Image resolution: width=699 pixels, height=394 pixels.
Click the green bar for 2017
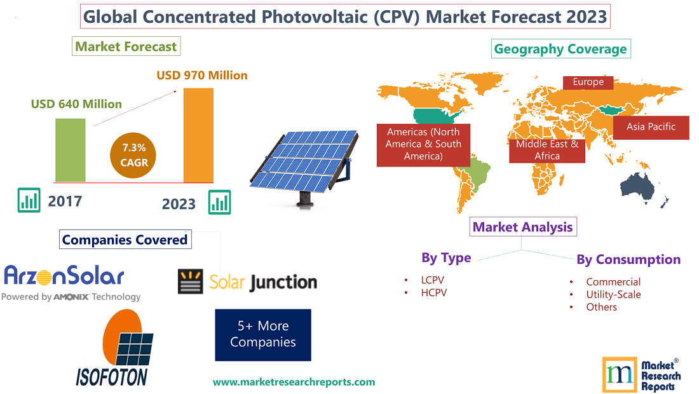click(x=70, y=149)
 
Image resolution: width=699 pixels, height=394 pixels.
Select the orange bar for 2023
click(x=198, y=135)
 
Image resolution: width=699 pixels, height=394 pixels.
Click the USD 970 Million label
click(x=202, y=75)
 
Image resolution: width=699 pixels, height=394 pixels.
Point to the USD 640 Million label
click(x=76, y=104)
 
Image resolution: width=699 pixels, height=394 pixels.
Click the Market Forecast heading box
click(x=126, y=46)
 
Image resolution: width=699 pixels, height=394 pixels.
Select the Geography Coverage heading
click(x=560, y=49)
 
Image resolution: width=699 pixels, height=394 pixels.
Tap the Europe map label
click(x=588, y=82)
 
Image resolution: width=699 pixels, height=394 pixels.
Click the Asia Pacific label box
click(x=651, y=126)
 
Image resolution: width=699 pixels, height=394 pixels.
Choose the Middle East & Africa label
click(x=547, y=150)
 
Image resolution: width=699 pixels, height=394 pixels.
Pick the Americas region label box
click(x=423, y=144)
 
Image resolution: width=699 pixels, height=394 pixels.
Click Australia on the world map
click(x=646, y=184)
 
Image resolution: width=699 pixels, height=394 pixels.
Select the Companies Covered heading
click(x=125, y=240)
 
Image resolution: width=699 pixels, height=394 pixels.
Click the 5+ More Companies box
click(x=263, y=334)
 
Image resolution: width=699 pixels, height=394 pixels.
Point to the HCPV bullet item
click(x=433, y=292)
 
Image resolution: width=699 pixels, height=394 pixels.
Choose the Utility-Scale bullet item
click(x=613, y=294)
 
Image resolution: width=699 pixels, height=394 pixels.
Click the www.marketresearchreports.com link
click(x=294, y=382)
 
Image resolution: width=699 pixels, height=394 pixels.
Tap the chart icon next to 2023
click(x=220, y=203)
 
